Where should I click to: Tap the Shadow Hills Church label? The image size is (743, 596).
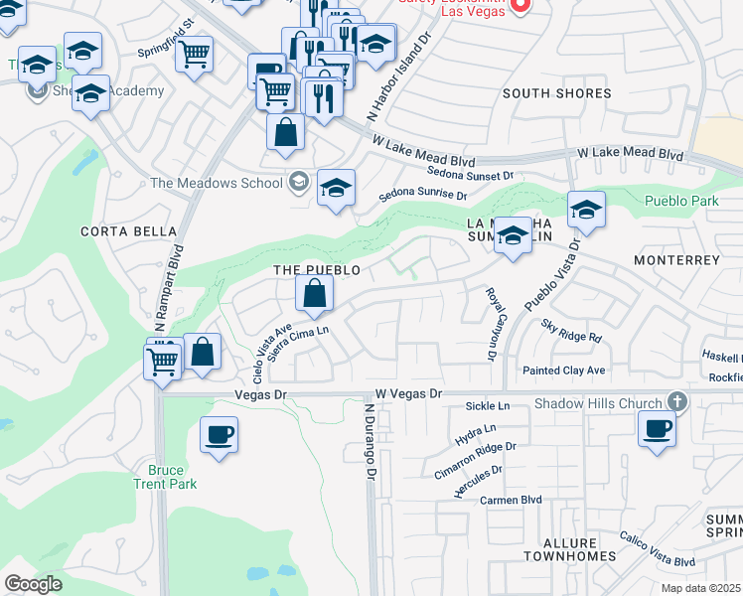point(599,402)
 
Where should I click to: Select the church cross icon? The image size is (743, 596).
point(677,401)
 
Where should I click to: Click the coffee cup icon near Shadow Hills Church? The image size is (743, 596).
point(656,430)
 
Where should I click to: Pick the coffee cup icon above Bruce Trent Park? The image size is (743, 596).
point(219,434)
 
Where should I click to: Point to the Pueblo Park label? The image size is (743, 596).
point(681,201)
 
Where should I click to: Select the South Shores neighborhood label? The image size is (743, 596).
point(556,93)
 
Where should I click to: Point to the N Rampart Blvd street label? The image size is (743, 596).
point(168,288)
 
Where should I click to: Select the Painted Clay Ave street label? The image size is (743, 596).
point(564,371)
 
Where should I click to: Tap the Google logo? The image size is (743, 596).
point(33,584)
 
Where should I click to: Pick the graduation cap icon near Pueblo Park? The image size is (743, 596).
point(586,210)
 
